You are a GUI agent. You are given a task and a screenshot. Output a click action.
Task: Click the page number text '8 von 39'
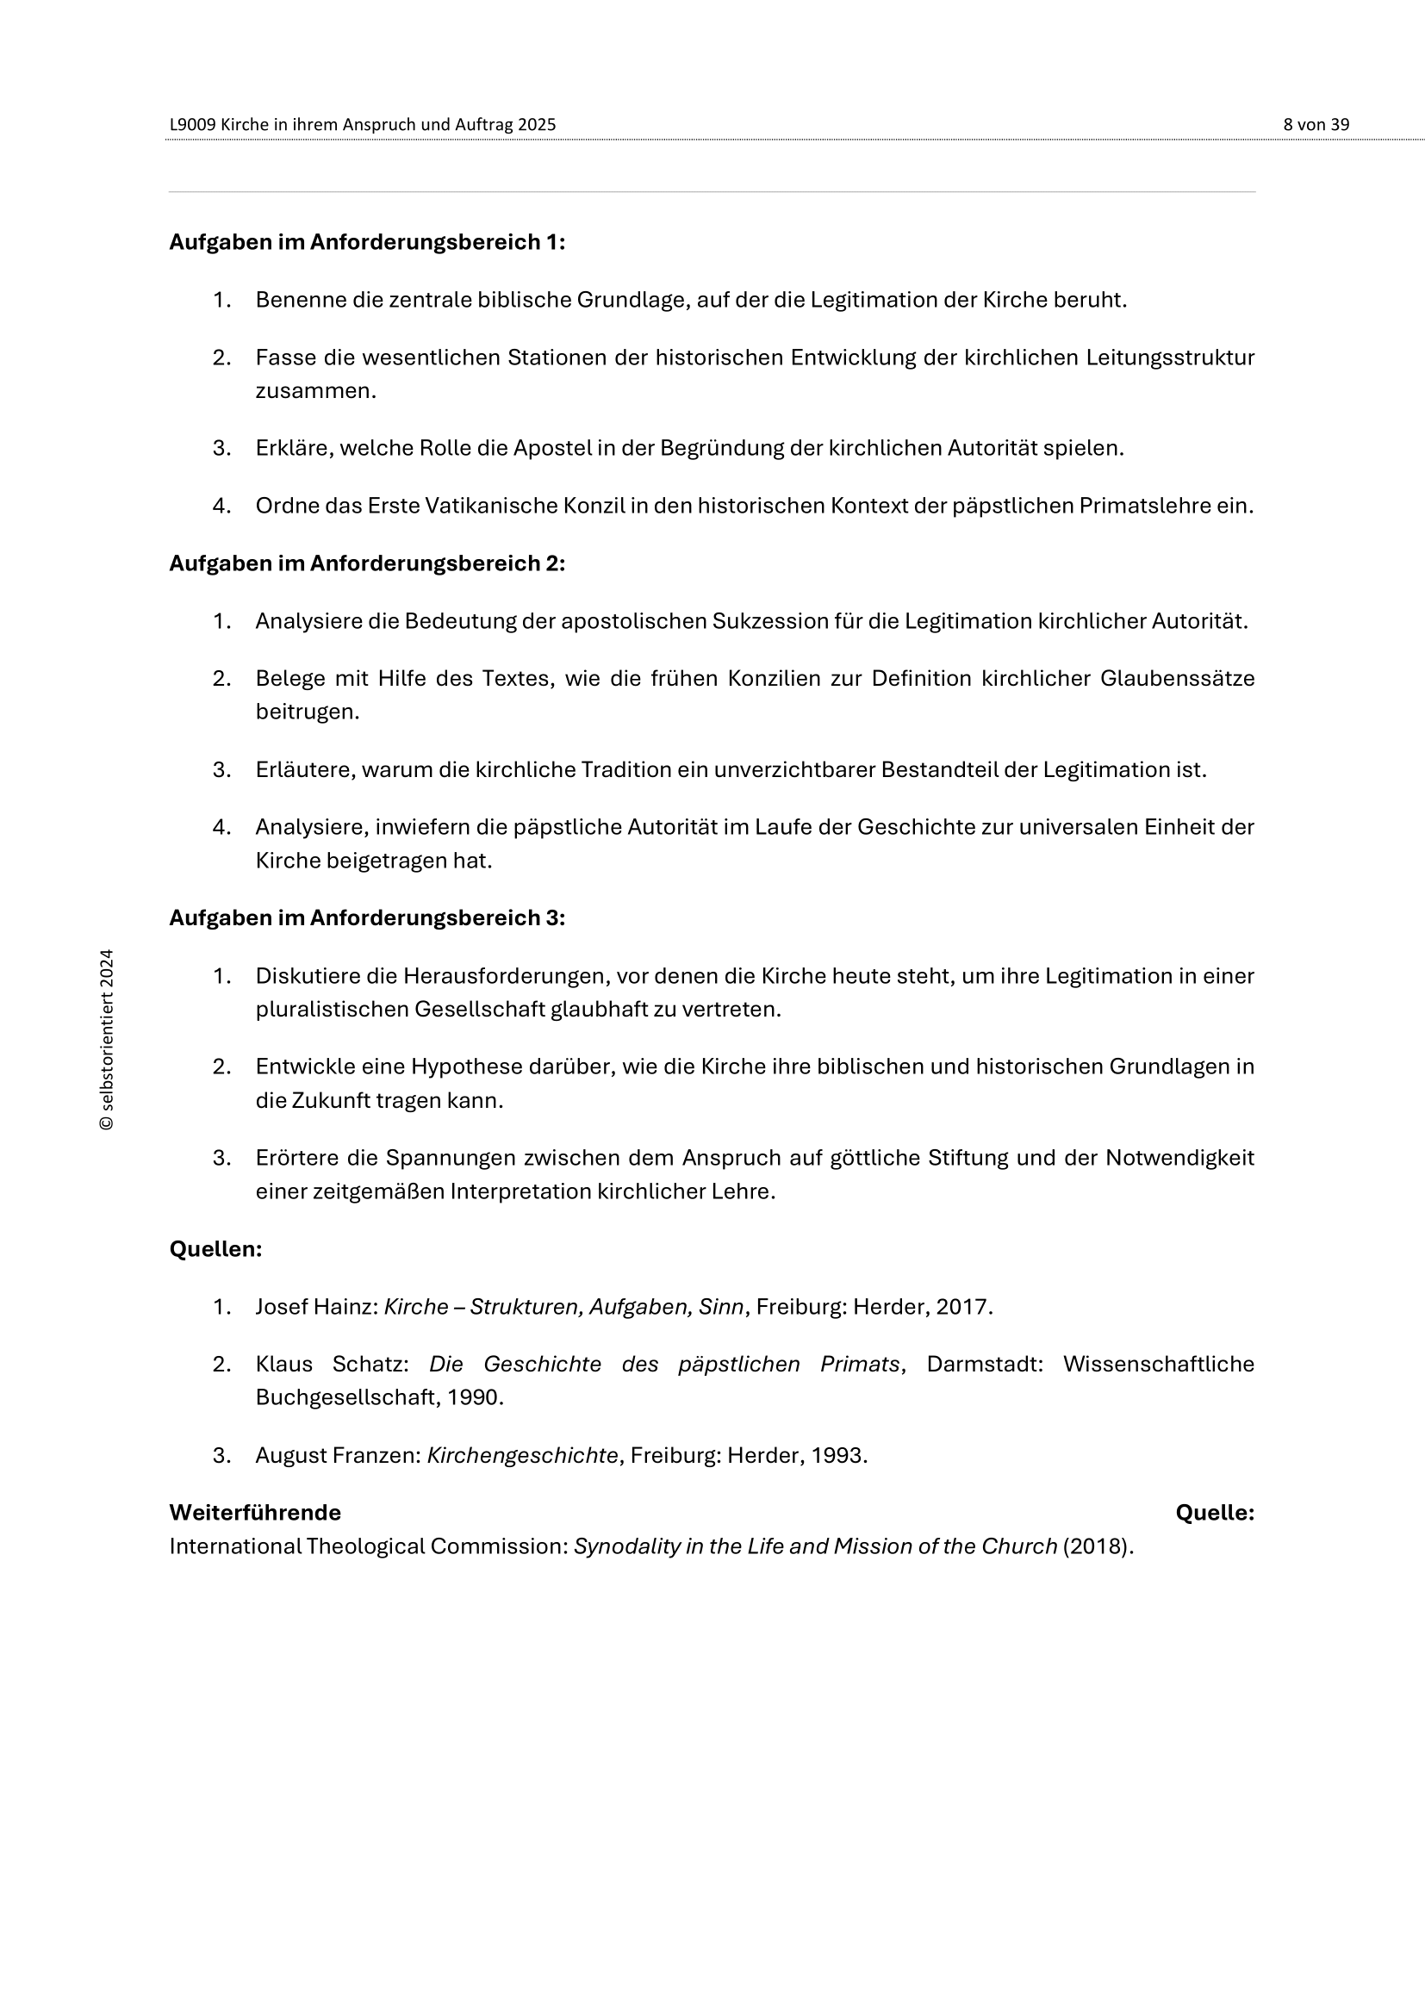click(1316, 125)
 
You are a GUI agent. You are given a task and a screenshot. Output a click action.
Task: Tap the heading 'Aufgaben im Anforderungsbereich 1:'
click(367, 242)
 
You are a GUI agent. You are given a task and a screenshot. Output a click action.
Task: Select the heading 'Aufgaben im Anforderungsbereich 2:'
click(367, 563)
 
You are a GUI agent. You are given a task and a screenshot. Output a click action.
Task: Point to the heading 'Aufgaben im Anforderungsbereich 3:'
click(367, 918)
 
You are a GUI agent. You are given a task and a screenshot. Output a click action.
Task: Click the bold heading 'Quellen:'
click(216, 1249)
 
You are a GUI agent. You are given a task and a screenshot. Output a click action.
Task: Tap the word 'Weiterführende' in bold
click(255, 1512)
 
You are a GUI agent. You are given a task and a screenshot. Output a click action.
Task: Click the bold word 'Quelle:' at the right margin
click(1215, 1512)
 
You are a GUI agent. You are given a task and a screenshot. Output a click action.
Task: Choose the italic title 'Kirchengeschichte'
click(523, 1455)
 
